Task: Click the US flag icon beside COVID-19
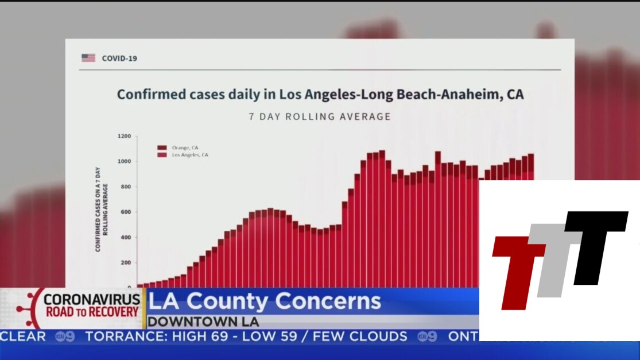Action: [88, 58]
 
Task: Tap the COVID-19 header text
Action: [119, 58]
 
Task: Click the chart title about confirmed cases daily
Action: [320, 94]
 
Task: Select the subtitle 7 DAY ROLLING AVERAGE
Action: [320, 117]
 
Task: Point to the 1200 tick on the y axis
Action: [125, 137]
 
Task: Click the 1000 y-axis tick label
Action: [125, 162]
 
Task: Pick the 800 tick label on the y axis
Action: [126, 187]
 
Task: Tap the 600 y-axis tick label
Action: [126, 212]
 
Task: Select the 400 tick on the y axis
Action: [126, 238]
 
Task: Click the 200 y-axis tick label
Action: [126, 263]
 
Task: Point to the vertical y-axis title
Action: [101, 209]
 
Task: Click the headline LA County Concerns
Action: [265, 301]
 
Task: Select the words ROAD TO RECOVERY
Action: [92, 312]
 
